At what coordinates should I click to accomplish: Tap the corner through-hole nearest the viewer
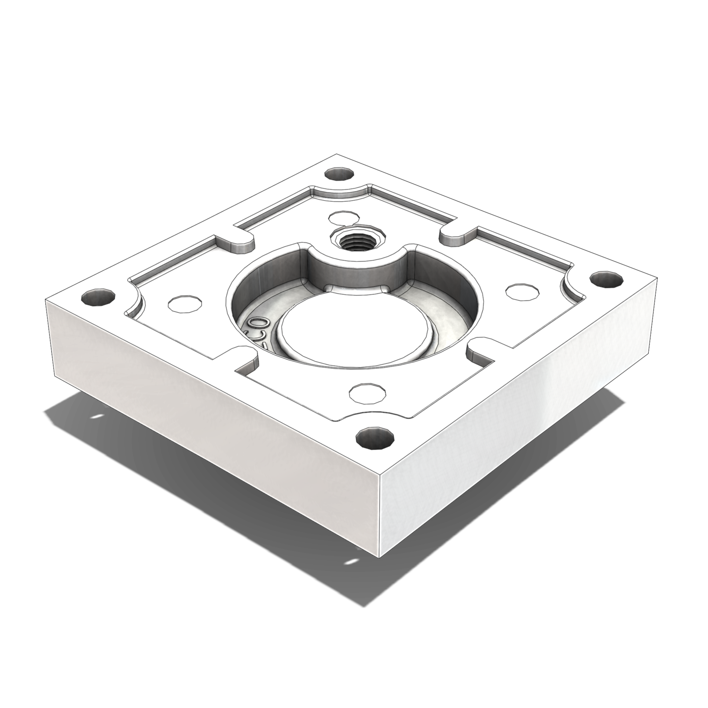[375, 438]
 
